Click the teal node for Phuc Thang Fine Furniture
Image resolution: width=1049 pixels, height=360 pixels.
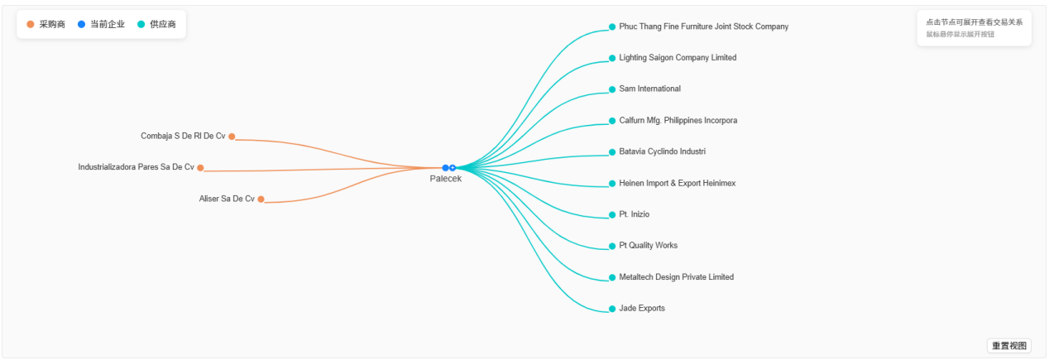coord(612,26)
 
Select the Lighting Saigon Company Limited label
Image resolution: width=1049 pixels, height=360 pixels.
coord(678,58)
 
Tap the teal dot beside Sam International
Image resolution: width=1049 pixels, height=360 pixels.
coord(612,89)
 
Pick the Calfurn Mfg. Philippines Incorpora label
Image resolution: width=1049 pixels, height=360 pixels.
coord(678,121)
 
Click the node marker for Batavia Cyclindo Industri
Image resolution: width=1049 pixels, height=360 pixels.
coord(612,152)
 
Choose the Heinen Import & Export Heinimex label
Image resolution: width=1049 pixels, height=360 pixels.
coord(677,184)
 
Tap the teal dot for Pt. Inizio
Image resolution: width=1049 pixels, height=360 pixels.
coord(612,215)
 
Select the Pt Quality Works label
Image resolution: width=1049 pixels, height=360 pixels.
coord(648,246)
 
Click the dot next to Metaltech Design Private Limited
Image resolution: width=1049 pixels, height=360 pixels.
coord(612,277)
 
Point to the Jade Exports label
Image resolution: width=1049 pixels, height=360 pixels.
coord(641,309)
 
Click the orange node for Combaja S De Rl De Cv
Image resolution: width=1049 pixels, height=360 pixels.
coord(232,137)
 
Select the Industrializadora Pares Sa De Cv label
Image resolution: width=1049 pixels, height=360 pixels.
coord(136,167)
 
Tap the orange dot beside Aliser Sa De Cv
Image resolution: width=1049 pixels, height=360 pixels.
coord(261,199)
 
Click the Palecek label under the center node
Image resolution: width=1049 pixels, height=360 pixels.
coord(445,180)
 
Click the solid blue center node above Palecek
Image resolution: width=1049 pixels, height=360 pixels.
coord(445,168)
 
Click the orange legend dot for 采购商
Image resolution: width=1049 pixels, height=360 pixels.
coord(31,25)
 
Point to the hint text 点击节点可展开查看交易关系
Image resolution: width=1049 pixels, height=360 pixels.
coord(974,22)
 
